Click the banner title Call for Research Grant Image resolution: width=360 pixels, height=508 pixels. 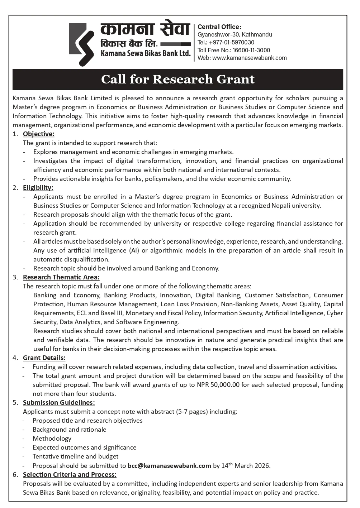[177, 79]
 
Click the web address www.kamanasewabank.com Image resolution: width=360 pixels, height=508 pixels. [249, 58]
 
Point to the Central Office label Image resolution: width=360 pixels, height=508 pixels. [219, 27]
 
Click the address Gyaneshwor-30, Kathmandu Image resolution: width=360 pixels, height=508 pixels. [235, 34]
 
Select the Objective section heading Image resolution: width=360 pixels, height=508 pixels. [38, 134]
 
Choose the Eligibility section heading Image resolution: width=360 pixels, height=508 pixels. [38, 188]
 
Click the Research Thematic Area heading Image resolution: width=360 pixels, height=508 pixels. [61, 277]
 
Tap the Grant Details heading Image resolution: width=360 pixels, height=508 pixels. [44, 358]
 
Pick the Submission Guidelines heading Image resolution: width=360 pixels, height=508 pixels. [59, 403]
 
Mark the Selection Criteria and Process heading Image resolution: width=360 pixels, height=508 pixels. [70, 475]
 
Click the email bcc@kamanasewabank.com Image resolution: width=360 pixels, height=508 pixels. [169, 466]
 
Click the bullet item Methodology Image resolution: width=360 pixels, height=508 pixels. [52, 438]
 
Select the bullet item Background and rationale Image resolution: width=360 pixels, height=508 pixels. [69, 430]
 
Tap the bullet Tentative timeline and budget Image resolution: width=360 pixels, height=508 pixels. [75, 456]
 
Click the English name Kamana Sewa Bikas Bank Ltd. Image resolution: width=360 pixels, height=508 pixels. [145, 54]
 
